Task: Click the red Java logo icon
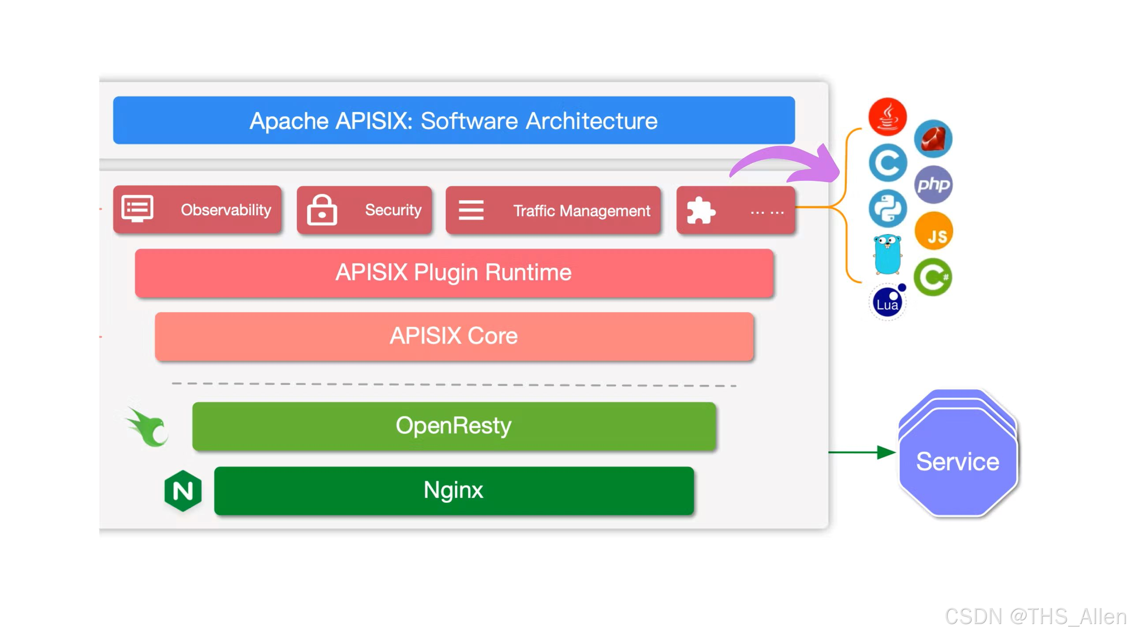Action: pos(887,116)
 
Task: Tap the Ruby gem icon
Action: pos(933,139)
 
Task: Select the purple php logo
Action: pos(933,184)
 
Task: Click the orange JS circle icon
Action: pos(934,231)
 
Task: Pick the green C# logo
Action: pos(932,277)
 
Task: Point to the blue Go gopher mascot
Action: pos(887,255)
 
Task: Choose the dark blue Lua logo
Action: pos(887,303)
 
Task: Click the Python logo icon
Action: pos(887,209)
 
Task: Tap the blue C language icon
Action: pos(887,163)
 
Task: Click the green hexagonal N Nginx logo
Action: pos(183,491)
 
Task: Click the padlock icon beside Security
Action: pos(322,210)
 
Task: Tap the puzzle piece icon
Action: pos(700,210)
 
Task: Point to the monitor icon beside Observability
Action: pos(137,209)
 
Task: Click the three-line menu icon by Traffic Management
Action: pos(471,210)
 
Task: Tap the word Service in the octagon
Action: pos(957,462)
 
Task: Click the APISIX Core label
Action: pos(453,336)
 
